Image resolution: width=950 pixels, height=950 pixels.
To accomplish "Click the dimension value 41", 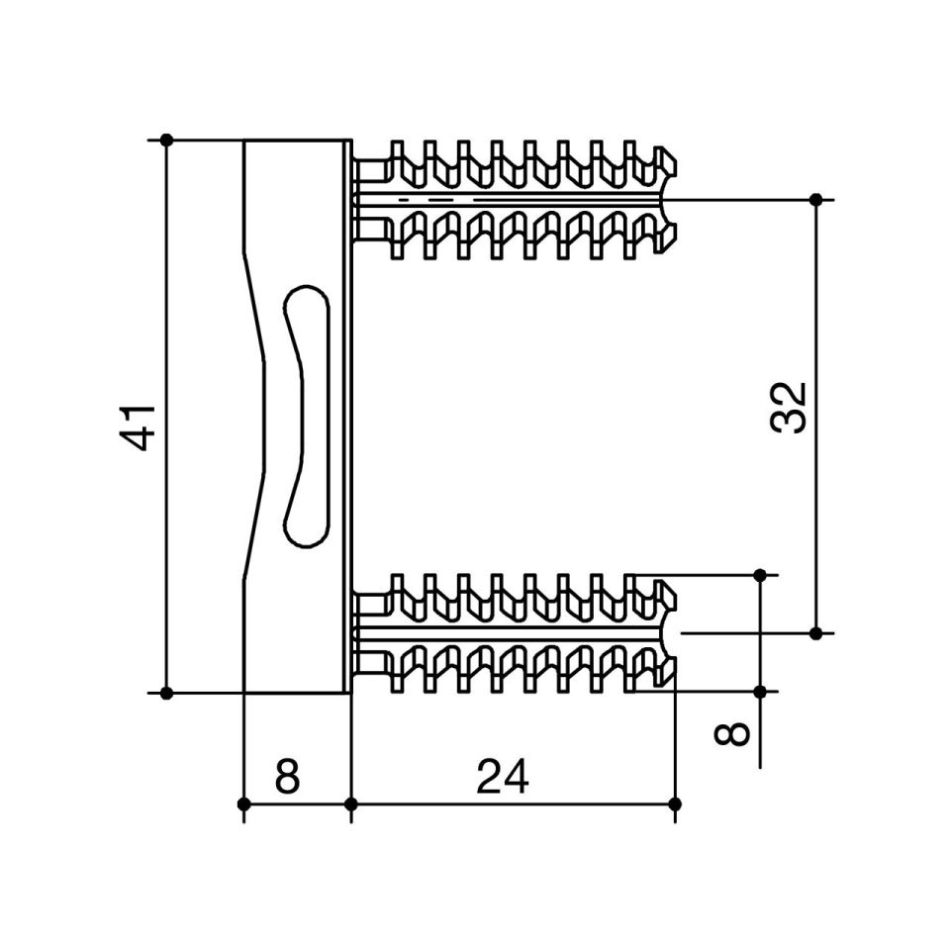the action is pos(140,427).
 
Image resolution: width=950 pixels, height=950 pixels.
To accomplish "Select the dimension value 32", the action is pos(789,408).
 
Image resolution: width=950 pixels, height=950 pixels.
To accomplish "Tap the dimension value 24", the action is pos(503,777).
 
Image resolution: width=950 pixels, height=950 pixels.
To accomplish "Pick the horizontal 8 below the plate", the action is pos(287,777).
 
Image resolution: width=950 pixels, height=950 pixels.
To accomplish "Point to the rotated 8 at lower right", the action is pos(732,733).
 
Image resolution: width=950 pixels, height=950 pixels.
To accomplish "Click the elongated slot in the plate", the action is pos(307,417).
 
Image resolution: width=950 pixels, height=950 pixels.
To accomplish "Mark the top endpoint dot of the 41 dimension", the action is pos(167,140).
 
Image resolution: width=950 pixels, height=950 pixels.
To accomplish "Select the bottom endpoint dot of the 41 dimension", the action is pos(167,693).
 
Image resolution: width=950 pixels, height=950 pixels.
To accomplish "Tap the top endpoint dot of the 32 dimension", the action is pos(816,199).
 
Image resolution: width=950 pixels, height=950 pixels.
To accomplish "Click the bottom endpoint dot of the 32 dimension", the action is pos(816,633).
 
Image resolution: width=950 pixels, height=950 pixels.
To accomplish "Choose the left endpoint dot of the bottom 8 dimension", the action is pos(243,804).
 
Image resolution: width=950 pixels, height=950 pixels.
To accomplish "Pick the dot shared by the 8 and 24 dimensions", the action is pos(350,804).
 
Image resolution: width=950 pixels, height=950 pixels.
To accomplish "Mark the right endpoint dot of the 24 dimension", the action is pos(675,804).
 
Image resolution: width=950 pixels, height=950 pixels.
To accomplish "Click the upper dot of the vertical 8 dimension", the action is pos(760,574).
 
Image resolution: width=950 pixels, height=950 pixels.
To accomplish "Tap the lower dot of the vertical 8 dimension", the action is pos(760,692).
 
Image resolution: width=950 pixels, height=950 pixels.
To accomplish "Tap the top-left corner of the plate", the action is pos(243,141).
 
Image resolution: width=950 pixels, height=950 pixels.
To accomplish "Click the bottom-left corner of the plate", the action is pos(243,693).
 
